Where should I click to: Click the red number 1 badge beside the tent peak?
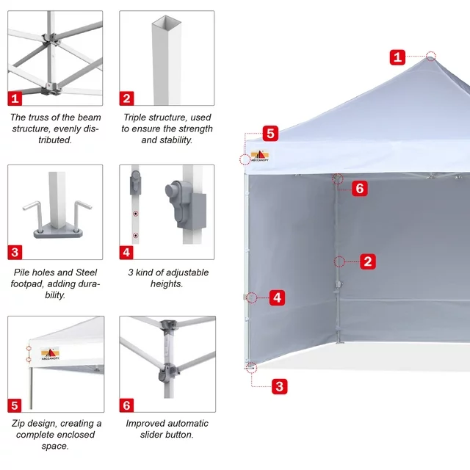point(397,57)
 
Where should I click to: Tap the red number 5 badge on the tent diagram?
point(270,134)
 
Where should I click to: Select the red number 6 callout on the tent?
point(360,189)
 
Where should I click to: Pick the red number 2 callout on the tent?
point(368,261)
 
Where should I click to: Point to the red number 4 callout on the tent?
point(278,297)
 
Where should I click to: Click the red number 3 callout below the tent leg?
point(280,386)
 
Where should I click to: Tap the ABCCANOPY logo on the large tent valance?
point(259,156)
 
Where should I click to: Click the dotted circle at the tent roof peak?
point(431,56)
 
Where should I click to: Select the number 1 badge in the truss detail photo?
point(15,98)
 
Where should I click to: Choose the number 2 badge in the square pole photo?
point(126,98)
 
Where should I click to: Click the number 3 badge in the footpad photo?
point(15,253)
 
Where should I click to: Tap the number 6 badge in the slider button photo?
point(126,405)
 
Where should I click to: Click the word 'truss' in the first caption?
point(49,117)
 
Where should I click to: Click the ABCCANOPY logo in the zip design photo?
point(50,354)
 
